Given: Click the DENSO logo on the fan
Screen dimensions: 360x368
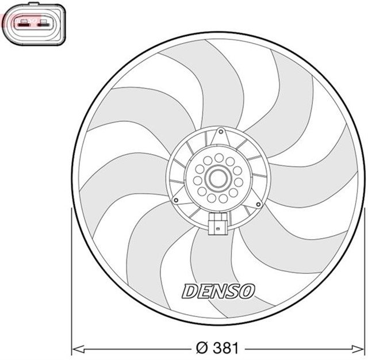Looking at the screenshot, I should pyautogui.click(x=218, y=291).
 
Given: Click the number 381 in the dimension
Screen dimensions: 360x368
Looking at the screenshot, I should pyautogui.click(x=225, y=348).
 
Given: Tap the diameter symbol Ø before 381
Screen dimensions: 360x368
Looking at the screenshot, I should pyautogui.click(x=202, y=348).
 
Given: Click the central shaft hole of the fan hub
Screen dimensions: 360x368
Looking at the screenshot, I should pyautogui.click(x=217, y=178).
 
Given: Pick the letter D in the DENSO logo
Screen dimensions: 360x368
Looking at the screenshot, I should pyautogui.click(x=190, y=291).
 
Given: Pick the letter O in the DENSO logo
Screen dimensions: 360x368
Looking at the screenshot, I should pyautogui.click(x=246, y=291).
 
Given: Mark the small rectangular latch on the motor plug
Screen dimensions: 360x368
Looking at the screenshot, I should pyautogui.click(x=217, y=229).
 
